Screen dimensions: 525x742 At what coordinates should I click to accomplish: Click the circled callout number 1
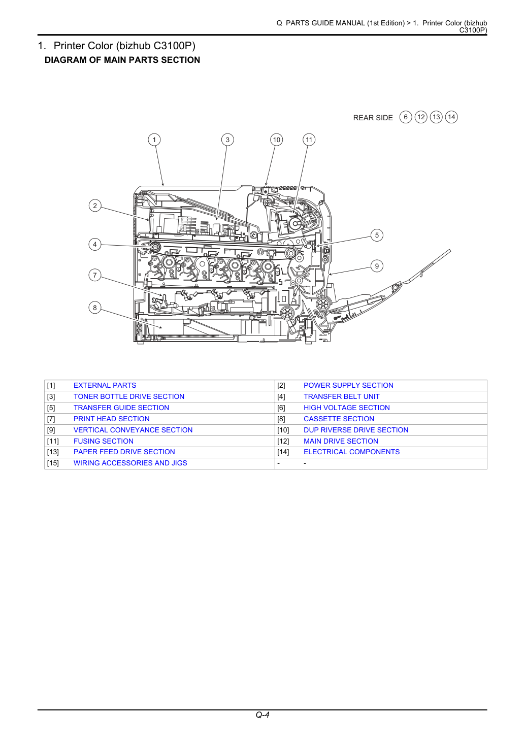tap(154, 140)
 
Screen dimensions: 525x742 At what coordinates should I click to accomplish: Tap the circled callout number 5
tap(377, 235)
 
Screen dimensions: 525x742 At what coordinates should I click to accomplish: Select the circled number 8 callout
tap(95, 308)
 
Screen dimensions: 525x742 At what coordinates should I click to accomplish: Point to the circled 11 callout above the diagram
tap(309, 140)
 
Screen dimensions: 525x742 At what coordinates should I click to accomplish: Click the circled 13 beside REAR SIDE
tap(436, 117)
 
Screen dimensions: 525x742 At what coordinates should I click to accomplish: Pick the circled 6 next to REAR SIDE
tap(406, 117)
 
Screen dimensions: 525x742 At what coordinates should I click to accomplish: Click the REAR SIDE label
tap(373, 118)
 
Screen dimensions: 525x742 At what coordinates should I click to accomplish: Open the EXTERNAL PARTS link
tap(105, 385)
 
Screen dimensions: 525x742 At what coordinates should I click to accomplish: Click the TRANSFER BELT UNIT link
tap(341, 396)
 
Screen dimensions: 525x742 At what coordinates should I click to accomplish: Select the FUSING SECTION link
tap(104, 441)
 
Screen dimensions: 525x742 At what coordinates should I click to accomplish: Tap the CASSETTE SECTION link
tap(339, 419)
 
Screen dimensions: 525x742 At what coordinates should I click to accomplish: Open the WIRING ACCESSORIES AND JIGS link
tap(130, 463)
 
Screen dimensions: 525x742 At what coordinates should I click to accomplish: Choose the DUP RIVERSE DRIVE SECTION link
tap(356, 430)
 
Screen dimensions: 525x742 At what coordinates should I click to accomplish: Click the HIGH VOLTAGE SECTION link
tap(347, 408)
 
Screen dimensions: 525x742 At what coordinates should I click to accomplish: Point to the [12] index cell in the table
tap(283, 441)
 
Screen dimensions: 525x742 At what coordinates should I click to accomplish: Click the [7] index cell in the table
tap(51, 419)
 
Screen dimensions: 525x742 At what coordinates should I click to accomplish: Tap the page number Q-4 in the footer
tap(262, 715)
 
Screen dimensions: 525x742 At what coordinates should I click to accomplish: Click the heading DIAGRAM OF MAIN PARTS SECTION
tap(122, 60)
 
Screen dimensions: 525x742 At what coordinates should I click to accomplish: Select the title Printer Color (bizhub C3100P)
tap(124, 46)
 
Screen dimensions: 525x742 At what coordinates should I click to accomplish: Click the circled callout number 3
tap(227, 140)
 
